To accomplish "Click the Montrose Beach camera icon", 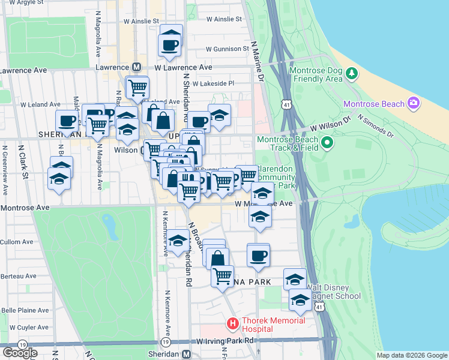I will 414,103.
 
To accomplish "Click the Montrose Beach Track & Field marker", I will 327,143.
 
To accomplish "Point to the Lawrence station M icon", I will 137,68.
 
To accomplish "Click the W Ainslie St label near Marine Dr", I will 224,19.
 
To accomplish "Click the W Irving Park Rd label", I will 226,341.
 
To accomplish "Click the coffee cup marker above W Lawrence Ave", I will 170,44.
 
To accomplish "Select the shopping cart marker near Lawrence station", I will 137,88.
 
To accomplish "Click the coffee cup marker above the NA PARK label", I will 259,255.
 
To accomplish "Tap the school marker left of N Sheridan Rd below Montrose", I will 177,241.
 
